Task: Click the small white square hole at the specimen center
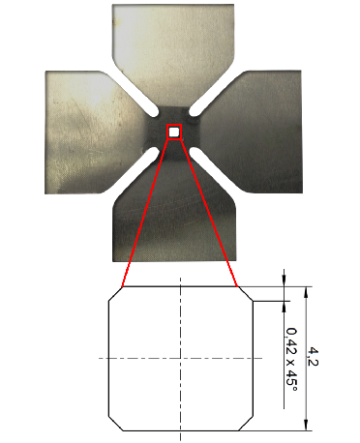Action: pos(174,132)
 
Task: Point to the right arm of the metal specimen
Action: pos(252,132)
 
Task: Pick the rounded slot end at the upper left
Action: pos(154,112)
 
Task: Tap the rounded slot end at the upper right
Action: pos(195,111)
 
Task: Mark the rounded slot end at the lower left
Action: pos(154,152)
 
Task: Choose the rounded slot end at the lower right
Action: pos(195,152)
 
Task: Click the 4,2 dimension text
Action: pos(313,356)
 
